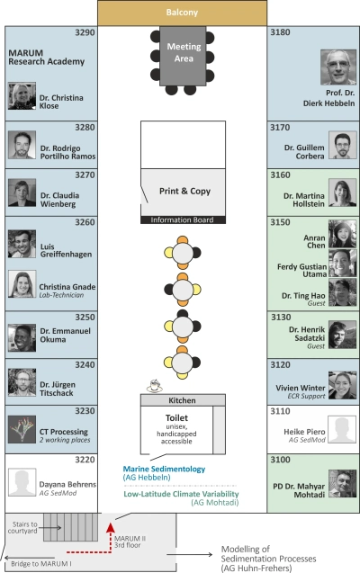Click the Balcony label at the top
182,13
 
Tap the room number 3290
85,32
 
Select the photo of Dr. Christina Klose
22,96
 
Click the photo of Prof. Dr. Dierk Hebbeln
338,67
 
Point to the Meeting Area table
183,56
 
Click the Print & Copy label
184,191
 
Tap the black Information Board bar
183,219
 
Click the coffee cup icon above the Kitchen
155,386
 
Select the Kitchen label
182,400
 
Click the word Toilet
176,417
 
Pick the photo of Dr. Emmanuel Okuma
22,338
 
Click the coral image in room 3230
22,429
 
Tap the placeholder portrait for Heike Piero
342,429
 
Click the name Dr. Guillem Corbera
304,152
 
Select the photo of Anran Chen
343,234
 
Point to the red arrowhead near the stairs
111,527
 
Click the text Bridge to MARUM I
40,563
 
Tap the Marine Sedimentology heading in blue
164,469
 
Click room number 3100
280,460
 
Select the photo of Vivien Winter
343,385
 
